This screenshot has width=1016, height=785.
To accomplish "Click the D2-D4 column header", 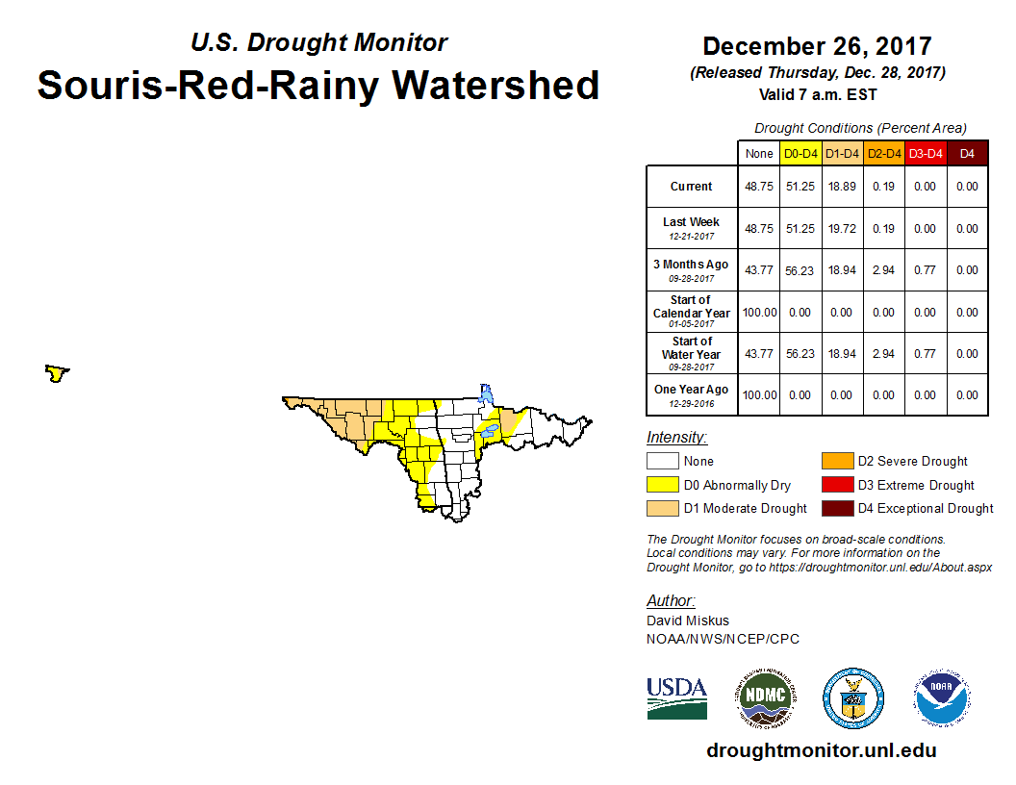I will coord(883,153).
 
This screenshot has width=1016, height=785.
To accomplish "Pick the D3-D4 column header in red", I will coord(925,153).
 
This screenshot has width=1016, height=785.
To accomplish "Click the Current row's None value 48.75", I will coord(758,187).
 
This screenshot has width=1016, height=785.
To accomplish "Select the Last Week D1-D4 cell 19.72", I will coord(842,229).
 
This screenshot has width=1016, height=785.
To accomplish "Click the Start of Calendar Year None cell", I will coord(758,313).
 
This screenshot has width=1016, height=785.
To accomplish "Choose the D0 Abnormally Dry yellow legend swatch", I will coord(663,485).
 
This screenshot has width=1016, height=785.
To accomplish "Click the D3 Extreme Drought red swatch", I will coord(836,485).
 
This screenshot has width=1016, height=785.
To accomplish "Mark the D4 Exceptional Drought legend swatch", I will coord(836,508).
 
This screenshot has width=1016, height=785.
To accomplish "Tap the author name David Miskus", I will coord(688,620).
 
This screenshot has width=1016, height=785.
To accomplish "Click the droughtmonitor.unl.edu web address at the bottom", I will coord(821,750).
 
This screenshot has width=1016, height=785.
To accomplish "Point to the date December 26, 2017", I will coord(817,46).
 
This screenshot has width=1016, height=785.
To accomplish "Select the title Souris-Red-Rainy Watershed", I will coord(318,85).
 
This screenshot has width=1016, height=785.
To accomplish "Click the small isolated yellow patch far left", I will coord(57,372).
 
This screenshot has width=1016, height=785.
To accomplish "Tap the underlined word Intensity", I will coord(676,438).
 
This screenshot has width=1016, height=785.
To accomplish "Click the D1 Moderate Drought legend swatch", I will coord(663,508).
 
